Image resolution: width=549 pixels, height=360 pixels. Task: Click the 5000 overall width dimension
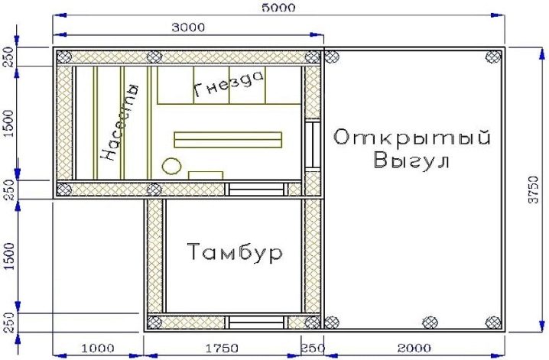pyautogui.click(x=278, y=8)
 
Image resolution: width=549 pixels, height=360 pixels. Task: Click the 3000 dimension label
pyautogui.click(x=188, y=28)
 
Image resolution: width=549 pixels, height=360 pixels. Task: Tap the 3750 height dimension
pyautogui.click(x=534, y=190)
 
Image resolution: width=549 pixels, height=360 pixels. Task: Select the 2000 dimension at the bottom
pyautogui.click(x=414, y=348)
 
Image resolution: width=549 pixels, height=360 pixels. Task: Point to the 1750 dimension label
pyautogui.click(x=222, y=348)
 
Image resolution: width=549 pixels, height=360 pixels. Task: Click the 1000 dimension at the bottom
pyautogui.click(x=98, y=348)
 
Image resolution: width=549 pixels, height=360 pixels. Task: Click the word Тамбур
pyautogui.click(x=235, y=252)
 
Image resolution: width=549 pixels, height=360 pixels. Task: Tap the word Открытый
pyautogui.click(x=411, y=138)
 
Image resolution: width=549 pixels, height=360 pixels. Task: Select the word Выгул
pyautogui.click(x=411, y=161)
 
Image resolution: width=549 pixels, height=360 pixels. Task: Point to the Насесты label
pyautogui.click(x=120, y=122)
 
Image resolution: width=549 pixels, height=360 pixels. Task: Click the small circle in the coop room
pyautogui.click(x=171, y=166)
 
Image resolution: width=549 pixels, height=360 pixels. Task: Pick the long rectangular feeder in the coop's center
pyautogui.click(x=228, y=140)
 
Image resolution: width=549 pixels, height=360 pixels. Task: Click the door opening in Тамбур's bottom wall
pyautogui.click(x=256, y=323)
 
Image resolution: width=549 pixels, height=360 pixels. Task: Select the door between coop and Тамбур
pyautogui.click(x=256, y=190)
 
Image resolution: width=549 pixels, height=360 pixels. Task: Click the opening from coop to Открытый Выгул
pyautogui.click(x=312, y=144)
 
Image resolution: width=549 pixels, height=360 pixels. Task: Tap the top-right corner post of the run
pyautogui.click(x=493, y=57)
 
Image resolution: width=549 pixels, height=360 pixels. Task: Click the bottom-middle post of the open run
pyautogui.click(x=430, y=323)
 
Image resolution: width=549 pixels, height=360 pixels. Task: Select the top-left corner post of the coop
pyautogui.click(x=64, y=57)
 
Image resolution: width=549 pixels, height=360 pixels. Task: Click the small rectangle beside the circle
pyautogui.click(x=206, y=175)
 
